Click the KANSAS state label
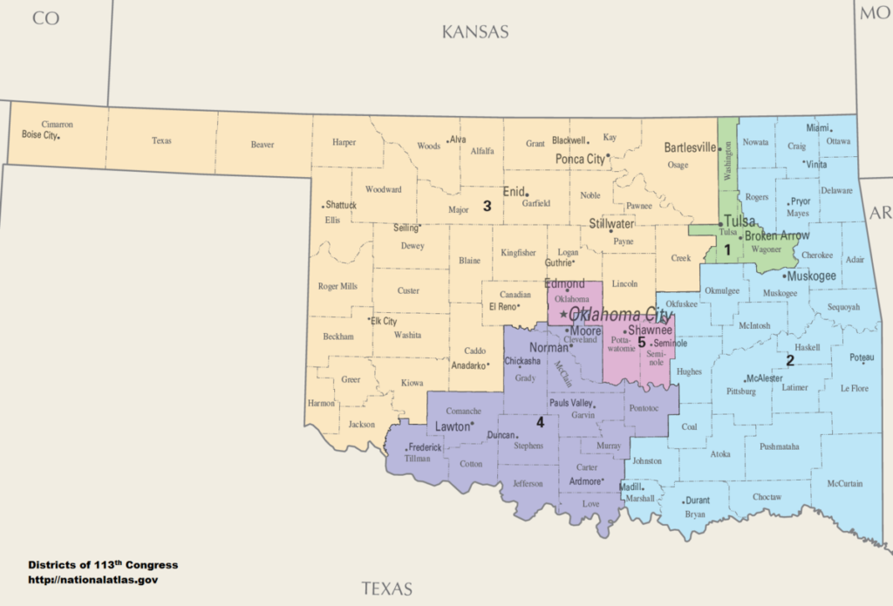point(474,32)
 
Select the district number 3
point(487,206)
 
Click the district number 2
point(790,359)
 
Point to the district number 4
point(540,423)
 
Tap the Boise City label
point(40,135)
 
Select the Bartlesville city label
point(690,147)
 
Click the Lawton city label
point(452,426)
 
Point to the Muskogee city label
point(810,276)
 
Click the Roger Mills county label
point(337,286)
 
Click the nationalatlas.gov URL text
point(92,579)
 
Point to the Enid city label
point(514,191)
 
